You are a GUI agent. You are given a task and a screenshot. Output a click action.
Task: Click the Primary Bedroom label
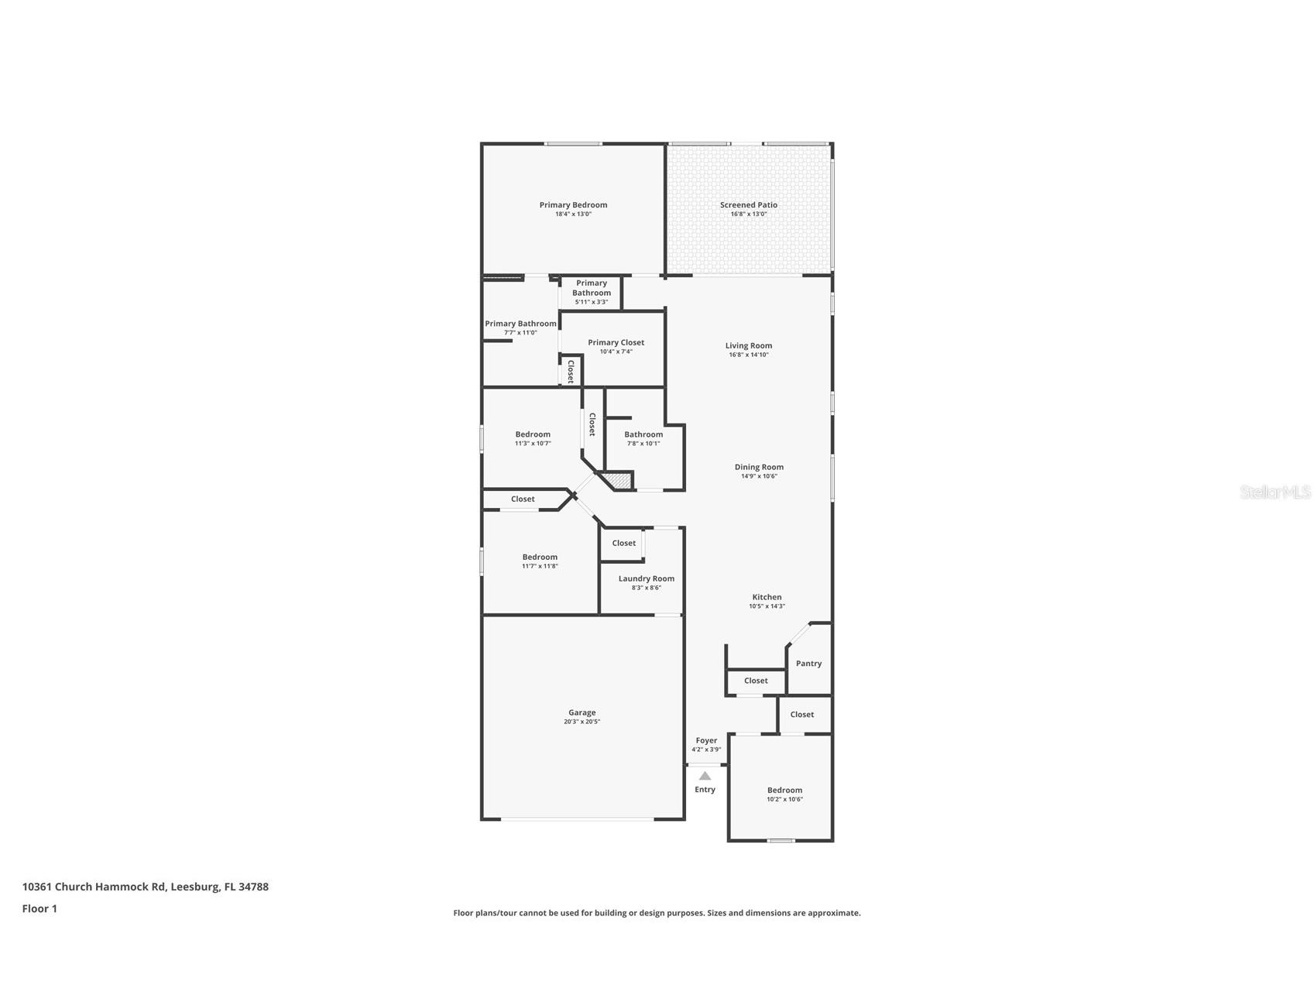tap(573, 205)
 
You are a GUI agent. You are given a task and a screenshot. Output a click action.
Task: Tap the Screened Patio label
tap(748, 205)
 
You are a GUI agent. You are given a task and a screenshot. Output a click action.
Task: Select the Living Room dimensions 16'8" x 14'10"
tap(748, 355)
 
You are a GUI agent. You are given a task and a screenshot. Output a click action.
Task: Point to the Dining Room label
tap(759, 467)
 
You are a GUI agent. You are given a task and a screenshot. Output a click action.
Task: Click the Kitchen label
tap(767, 597)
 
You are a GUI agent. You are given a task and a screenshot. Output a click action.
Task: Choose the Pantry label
tap(808, 664)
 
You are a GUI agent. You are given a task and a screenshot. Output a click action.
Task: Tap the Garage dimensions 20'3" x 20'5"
tap(582, 722)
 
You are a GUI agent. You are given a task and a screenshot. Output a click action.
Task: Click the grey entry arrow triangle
tap(705, 775)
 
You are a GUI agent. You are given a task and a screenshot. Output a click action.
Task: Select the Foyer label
tap(706, 740)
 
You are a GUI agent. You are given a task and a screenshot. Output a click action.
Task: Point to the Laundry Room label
tap(646, 578)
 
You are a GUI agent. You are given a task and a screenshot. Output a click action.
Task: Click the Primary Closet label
tap(616, 342)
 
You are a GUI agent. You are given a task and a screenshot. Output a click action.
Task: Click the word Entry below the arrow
tap(705, 790)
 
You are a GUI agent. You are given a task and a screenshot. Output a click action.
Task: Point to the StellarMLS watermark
tap(1275, 492)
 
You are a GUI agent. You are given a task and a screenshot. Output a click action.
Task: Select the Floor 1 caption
tap(39, 909)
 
